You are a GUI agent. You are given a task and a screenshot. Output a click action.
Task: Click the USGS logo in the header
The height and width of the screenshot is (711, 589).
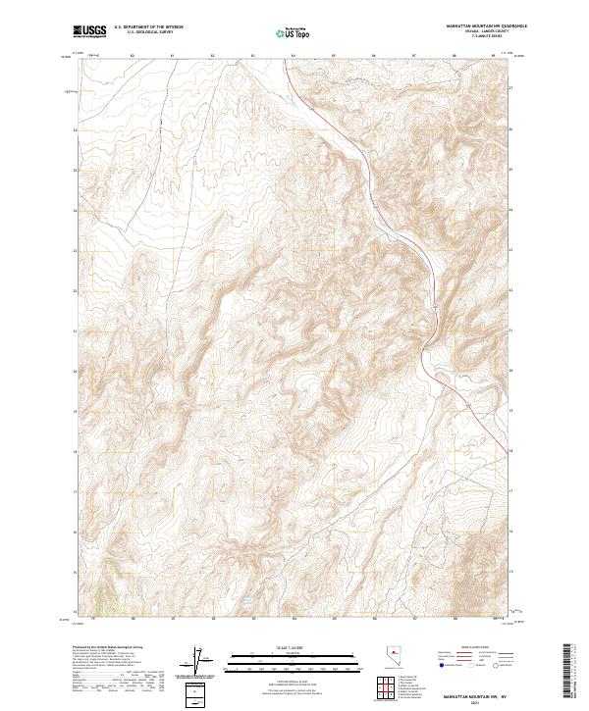coord(89,31)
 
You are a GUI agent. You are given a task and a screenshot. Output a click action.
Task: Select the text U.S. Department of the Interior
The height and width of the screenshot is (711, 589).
coord(147,27)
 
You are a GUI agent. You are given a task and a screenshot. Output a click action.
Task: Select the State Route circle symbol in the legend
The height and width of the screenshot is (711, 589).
coord(486,664)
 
